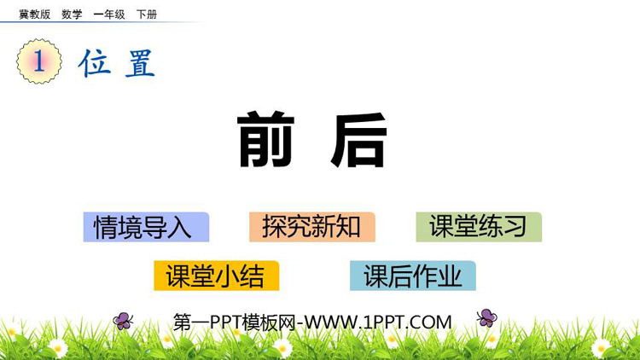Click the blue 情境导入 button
pyautogui.click(x=146, y=227)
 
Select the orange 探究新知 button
pyautogui.click(x=312, y=227)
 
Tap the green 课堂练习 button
pyautogui.click(x=479, y=227)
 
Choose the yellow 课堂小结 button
pyautogui.click(x=217, y=276)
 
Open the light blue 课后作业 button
pyautogui.click(x=413, y=276)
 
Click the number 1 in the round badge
pyautogui.click(x=39, y=61)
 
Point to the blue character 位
pyautogui.click(x=95, y=62)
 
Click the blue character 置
pyautogui.click(x=140, y=63)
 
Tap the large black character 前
pyautogui.click(x=266, y=139)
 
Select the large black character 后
pyautogui.click(x=359, y=140)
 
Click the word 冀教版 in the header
pyautogui.click(x=35, y=15)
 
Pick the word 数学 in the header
pyautogui.click(x=72, y=15)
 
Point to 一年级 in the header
pyautogui.click(x=109, y=15)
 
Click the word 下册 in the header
pyautogui.click(x=147, y=15)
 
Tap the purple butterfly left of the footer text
pyautogui.click(x=123, y=321)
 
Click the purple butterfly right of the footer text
pyautogui.click(x=487, y=318)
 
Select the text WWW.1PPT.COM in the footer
pyautogui.click(x=378, y=322)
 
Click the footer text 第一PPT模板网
pyautogui.click(x=235, y=322)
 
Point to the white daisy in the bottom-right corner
pyautogui.click(x=601, y=348)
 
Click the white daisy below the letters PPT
pyautogui.click(x=282, y=348)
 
